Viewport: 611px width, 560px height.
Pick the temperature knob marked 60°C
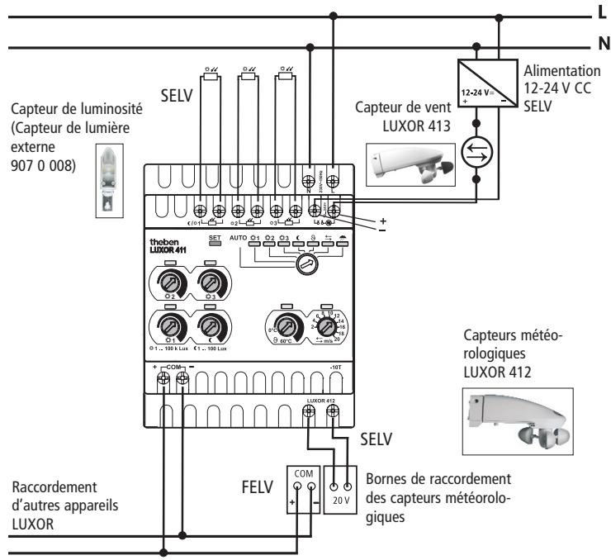(287, 325)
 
